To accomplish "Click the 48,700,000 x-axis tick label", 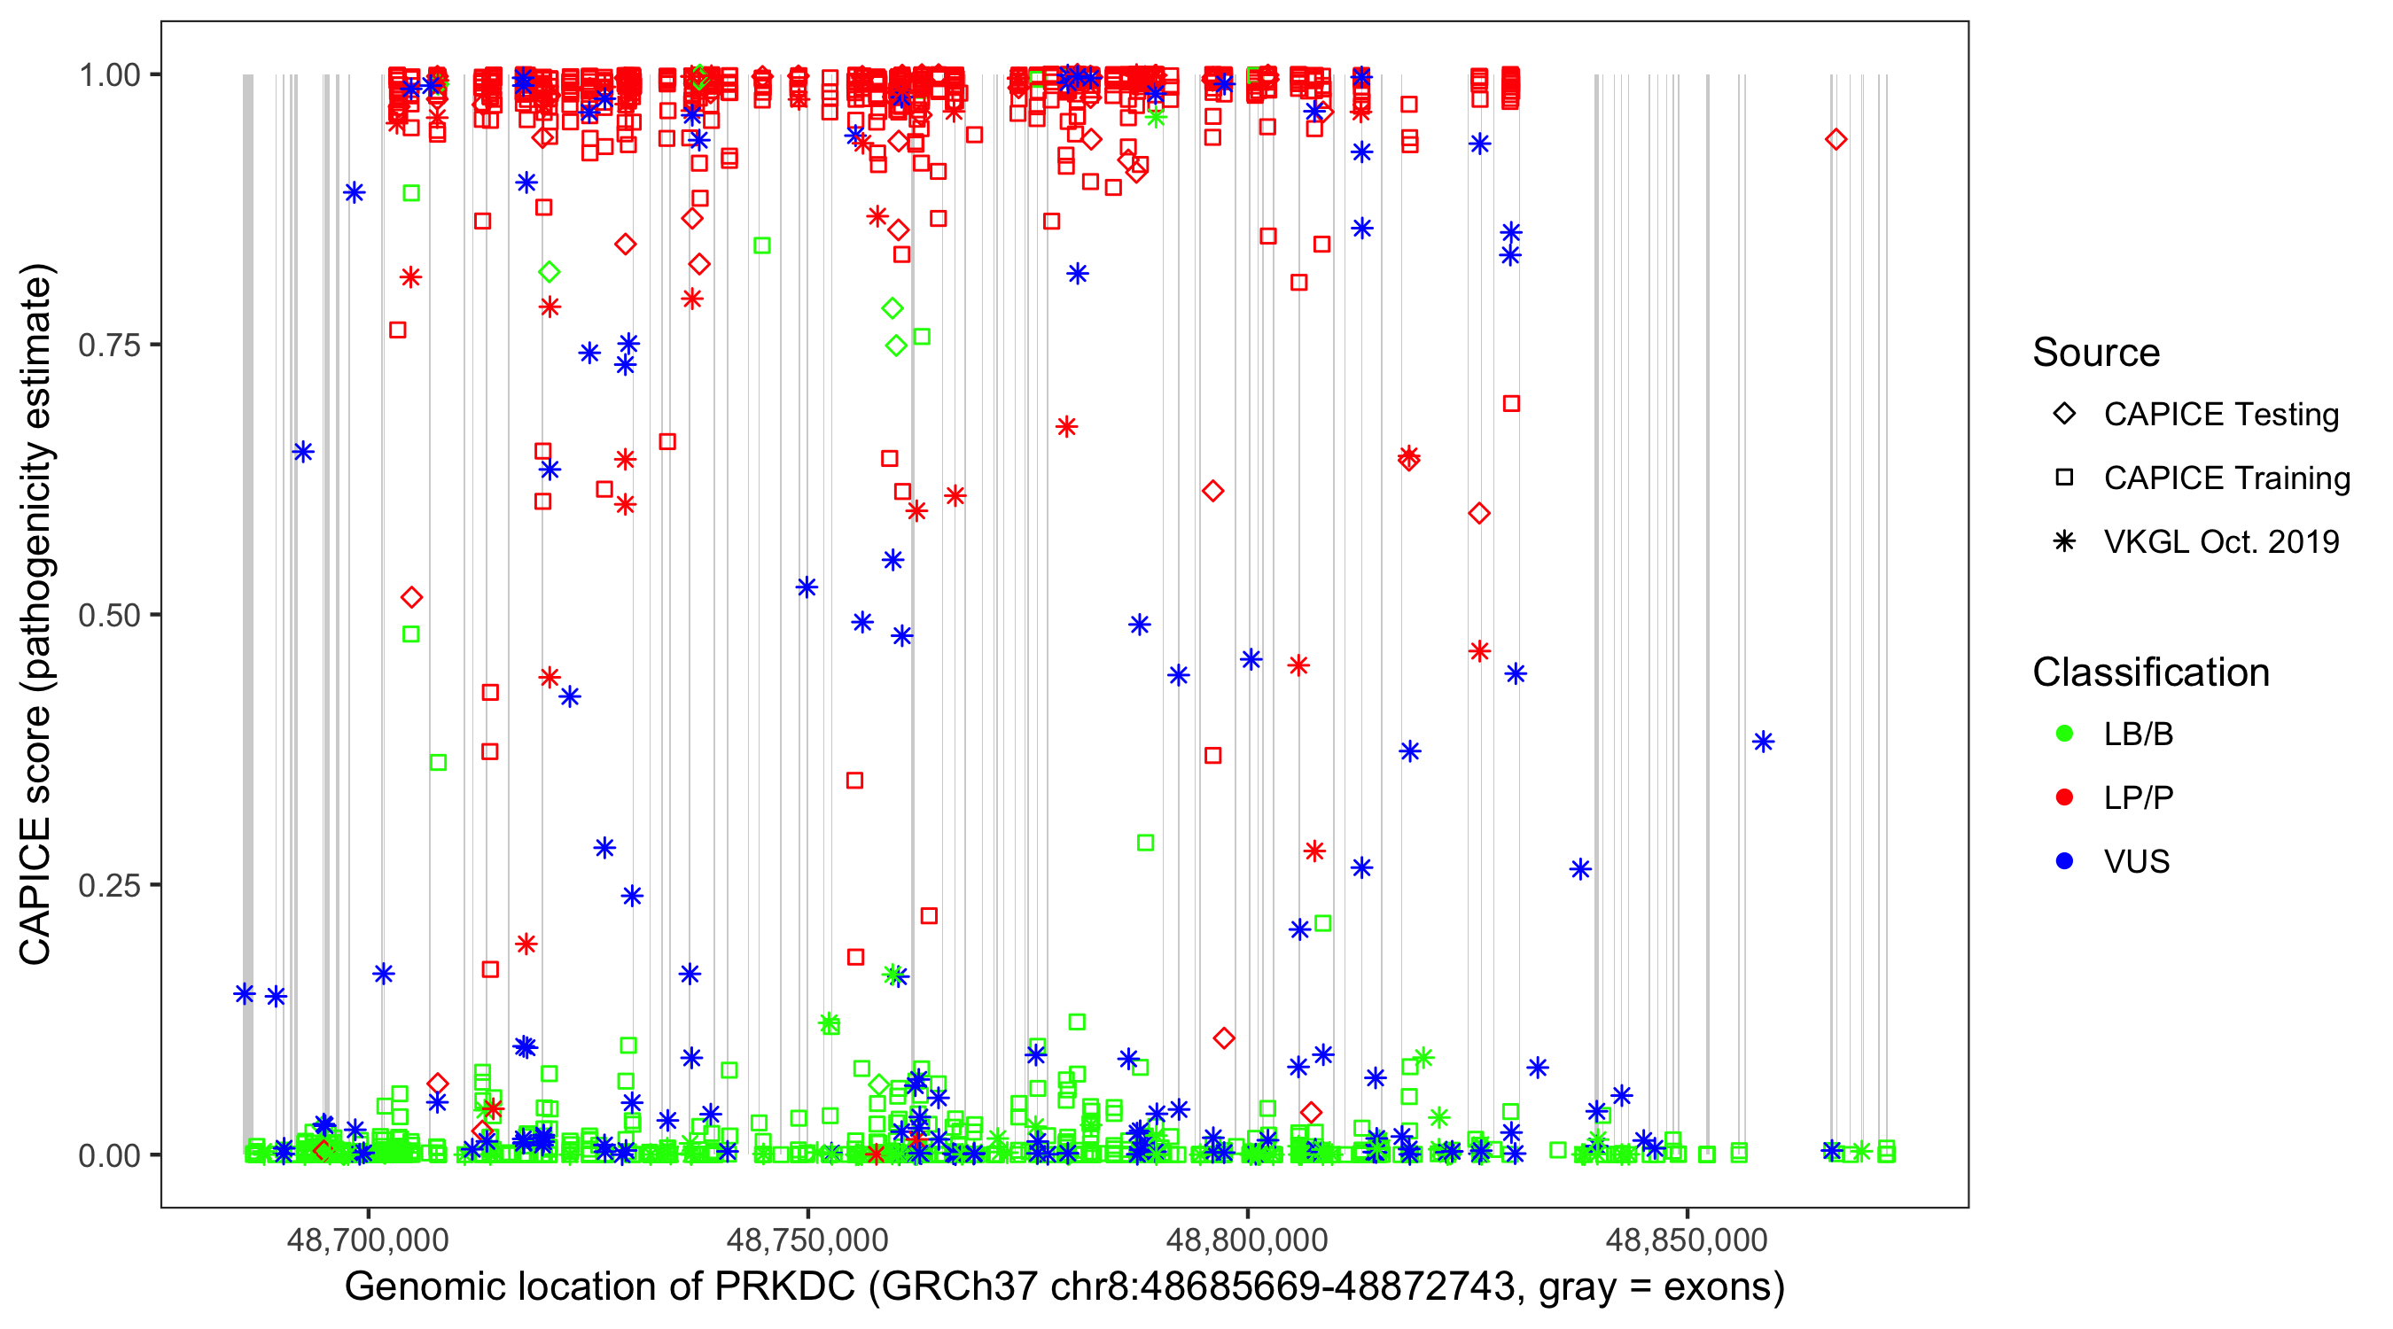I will (368, 1240).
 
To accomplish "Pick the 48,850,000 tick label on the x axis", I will (1686, 1240).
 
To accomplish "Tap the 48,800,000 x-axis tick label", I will (1247, 1240).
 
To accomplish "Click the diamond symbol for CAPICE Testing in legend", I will (2064, 415).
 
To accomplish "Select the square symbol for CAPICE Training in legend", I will (2064, 478).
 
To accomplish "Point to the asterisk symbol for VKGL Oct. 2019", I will (2064, 541).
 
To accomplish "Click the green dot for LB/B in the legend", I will (2064, 734).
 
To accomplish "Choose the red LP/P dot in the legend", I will (2064, 797).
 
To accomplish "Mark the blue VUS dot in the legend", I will (2064, 861).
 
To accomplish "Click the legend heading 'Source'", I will (2096, 353).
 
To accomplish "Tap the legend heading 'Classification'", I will (2150, 672).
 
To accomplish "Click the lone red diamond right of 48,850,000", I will (1836, 139).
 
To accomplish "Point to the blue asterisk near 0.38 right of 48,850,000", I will (1763, 741).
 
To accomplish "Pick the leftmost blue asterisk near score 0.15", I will (245, 994).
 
